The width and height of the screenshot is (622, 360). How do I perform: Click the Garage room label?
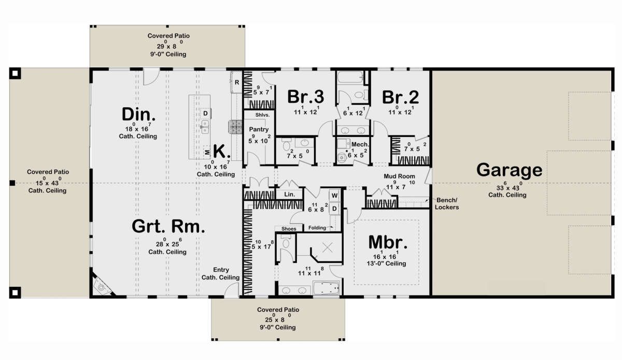(x=509, y=170)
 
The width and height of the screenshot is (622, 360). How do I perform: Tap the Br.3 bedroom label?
(x=305, y=96)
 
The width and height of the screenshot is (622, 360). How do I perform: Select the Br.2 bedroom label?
(x=400, y=98)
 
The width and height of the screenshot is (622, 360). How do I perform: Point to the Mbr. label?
(x=388, y=242)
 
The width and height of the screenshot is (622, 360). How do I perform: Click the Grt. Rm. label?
(x=168, y=226)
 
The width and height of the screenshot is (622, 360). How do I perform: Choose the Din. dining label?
(x=138, y=114)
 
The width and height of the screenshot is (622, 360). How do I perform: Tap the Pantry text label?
(x=259, y=129)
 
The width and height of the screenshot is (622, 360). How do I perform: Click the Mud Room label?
(x=399, y=176)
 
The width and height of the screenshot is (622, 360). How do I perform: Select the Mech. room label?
(x=360, y=145)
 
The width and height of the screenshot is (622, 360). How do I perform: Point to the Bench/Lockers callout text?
(x=446, y=203)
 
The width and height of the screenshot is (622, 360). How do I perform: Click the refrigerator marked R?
(x=236, y=82)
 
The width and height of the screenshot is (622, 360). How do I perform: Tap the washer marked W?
(x=334, y=196)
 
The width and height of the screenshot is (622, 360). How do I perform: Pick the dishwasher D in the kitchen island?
(x=205, y=113)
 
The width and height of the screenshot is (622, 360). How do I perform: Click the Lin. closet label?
(x=289, y=195)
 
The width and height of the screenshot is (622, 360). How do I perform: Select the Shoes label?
(x=289, y=229)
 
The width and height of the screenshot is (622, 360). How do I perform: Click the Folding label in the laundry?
(x=317, y=228)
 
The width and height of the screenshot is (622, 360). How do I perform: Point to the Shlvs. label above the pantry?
(x=262, y=115)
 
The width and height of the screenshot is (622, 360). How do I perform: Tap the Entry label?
(x=221, y=270)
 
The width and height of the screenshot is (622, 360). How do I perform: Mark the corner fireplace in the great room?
(x=102, y=285)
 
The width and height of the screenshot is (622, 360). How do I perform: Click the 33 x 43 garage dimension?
(x=508, y=187)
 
